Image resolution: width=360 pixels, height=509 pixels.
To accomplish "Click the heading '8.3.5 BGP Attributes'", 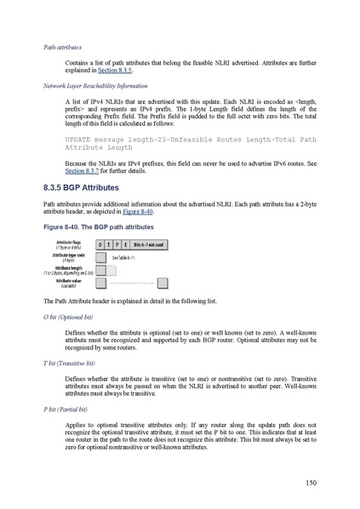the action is click(82, 186).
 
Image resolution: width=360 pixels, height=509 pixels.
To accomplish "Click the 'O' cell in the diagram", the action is click(100, 243).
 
